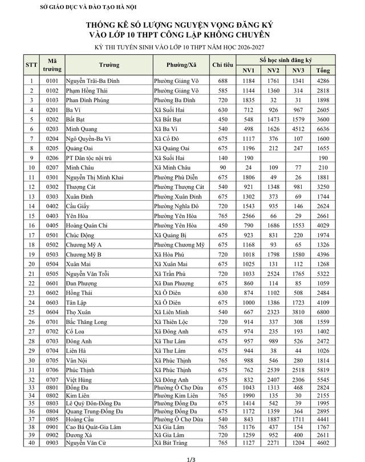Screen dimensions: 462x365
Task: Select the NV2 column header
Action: pos(273,70)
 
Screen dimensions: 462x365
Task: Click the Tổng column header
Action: pos(323,70)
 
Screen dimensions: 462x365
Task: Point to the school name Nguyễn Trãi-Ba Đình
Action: pos(92,81)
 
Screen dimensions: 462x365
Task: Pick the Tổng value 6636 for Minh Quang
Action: pos(323,129)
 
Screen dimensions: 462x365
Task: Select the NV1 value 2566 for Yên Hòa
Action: pos(249,216)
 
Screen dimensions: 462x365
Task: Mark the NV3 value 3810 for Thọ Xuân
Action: pos(298,312)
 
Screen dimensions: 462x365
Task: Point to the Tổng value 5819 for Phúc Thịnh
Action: pos(323,370)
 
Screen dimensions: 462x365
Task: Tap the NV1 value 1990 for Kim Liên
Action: pos(249,395)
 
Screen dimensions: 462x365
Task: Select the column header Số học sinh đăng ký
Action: pos(286,60)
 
